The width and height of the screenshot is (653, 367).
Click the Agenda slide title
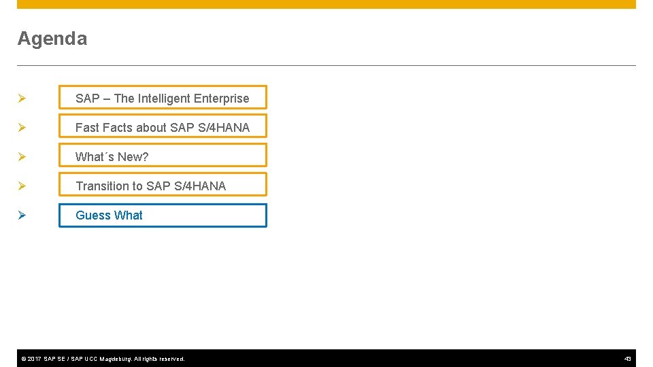click(52, 39)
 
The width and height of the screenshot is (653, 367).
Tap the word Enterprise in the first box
click(222, 99)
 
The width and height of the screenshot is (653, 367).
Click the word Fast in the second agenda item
click(87, 128)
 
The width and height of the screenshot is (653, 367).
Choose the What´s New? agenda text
click(112, 157)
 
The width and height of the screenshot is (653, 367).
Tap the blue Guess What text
click(109, 215)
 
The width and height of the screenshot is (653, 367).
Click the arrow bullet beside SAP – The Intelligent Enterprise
click(22, 99)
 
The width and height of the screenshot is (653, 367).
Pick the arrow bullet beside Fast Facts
click(22, 128)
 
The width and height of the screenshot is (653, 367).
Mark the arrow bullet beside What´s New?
click(22, 157)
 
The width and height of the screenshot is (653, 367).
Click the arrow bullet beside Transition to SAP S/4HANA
click(22, 186)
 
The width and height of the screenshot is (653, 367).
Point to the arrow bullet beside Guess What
click(22, 215)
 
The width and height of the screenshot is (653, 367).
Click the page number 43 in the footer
click(628, 359)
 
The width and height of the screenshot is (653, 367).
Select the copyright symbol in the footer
click(23, 359)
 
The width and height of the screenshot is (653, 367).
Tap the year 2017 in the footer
click(34, 359)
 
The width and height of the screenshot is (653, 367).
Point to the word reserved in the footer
click(170, 359)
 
